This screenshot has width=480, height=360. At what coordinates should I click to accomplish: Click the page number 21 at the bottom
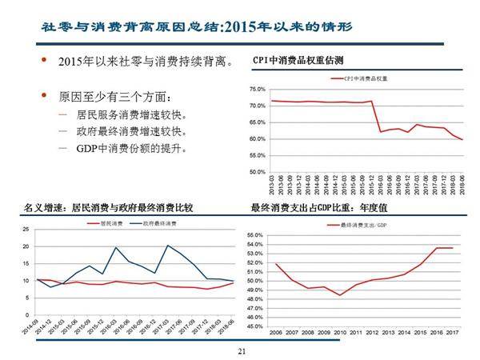[x=240, y=350]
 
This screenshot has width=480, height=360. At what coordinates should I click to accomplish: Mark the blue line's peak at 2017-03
[x=168, y=246]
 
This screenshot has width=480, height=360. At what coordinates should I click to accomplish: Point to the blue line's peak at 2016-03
[x=116, y=248]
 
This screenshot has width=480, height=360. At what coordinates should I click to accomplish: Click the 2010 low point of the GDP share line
[x=339, y=295]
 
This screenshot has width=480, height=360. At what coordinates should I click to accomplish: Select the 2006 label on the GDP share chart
[x=276, y=332]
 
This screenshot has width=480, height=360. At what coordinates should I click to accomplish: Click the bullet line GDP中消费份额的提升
[x=132, y=150]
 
